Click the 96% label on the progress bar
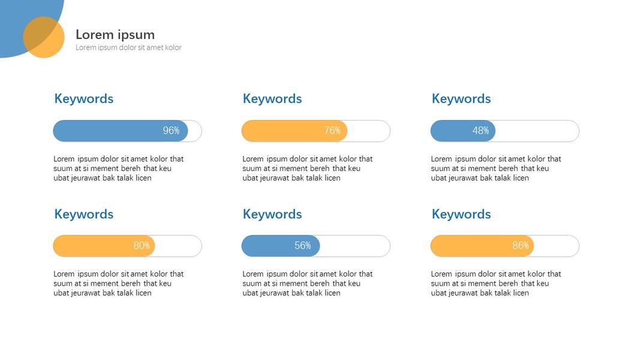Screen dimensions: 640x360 [171, 131]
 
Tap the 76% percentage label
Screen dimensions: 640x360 [332, 131]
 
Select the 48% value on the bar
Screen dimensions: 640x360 [480, 131]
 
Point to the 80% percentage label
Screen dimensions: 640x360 [142, 246]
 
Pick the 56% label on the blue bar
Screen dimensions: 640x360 [303, 246]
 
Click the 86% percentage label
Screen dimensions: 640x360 [521, 246]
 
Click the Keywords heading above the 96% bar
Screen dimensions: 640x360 [83, 99]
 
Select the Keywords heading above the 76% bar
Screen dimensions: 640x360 [272, 99]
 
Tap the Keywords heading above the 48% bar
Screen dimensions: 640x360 [461, 99]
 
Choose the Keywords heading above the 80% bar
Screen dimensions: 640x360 [83, 214]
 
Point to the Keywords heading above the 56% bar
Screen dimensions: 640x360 [272, 214]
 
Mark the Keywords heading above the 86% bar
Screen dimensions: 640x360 [461, 214]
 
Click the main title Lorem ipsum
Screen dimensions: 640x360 [115, 35]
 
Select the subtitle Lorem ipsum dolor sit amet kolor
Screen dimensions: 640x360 [128, 47]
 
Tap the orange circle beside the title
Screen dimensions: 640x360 [44, 37]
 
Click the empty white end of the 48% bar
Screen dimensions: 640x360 [537, 131]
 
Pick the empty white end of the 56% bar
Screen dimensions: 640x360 [355, 246]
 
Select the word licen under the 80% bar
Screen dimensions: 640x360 [143, 293]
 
